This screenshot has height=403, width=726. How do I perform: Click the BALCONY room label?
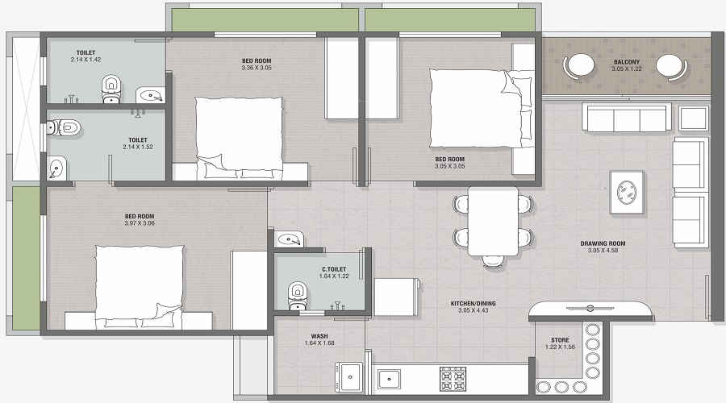(x=627, y=61)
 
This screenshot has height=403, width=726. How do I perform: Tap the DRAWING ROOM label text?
(x=603, y=243)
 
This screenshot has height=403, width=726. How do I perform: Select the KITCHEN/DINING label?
(x=473, y=303)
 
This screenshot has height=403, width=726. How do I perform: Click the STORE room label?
(x=560, y=340)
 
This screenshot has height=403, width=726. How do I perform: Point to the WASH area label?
(x=319, y=336)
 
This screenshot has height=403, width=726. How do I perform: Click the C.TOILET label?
(x=333, y=269)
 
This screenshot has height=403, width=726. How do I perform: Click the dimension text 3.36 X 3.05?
(x=257, y=68)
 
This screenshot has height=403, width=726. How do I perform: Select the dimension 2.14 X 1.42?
(x=86, y=60)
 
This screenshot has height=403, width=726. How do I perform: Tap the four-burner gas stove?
(x=452, y=379)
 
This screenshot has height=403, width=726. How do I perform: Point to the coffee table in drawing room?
(x=627, y=192)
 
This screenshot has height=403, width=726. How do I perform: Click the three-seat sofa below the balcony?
(x=627, y=118)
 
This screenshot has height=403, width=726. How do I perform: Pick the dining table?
(x=492, y=218)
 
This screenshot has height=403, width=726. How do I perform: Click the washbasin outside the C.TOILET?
(x=288, y=239)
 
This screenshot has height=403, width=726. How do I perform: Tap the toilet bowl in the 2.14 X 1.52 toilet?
(x=65, y=127)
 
